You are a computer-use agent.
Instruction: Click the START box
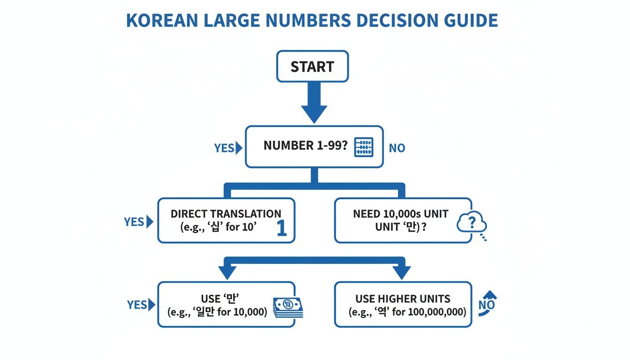312,67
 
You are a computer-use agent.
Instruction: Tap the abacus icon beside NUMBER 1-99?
364,147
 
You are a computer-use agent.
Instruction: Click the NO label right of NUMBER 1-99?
397,148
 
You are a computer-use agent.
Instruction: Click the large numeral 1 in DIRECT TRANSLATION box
281,229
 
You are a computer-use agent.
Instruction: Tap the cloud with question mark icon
471,222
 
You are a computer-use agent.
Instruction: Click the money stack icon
287,307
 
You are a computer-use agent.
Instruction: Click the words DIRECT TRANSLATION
226,214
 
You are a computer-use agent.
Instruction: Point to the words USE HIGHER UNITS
403,299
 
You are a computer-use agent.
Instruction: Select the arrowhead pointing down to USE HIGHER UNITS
401,272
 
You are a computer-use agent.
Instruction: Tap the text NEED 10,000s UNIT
400,214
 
